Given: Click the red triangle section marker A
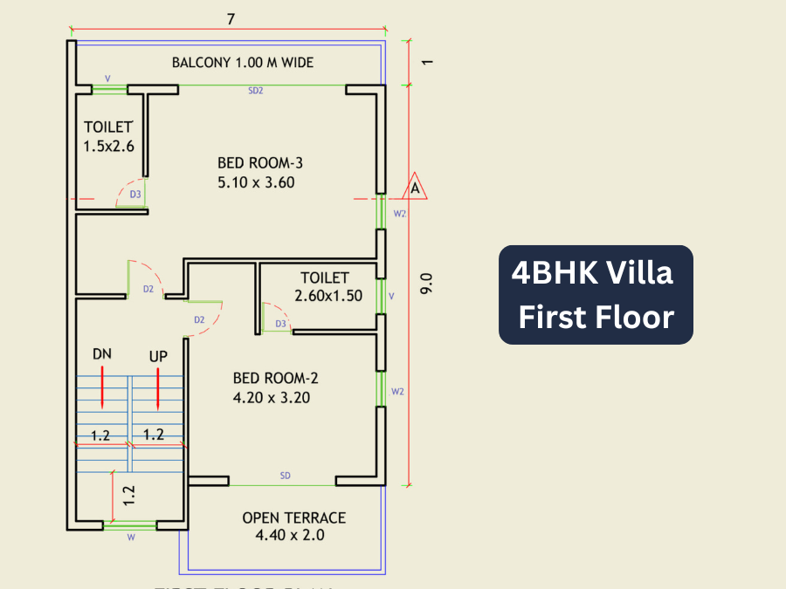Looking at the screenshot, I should tap(414, 187).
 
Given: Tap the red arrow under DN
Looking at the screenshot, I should tap(102, 387).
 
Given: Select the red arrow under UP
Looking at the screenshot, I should tap(157, 387).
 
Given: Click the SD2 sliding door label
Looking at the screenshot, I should tap(256, 91).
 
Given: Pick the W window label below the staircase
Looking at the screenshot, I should tap(131, 538).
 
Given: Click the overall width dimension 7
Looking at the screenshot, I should tap(231, 18).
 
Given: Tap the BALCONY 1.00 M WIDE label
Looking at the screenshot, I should tap(242, 63).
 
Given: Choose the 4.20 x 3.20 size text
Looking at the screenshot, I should tap(272, 398).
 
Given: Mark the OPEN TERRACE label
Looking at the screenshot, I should tap(293, 517).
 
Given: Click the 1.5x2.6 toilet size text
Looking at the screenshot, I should tap(109, 147).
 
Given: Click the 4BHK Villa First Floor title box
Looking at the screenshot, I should tap(596, 295).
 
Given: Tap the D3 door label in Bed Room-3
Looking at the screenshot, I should tap(135, 195).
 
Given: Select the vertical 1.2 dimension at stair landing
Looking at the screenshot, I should tap(129, 495).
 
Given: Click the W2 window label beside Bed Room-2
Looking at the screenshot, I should tap(397, 392).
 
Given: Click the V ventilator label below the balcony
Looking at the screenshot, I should tap(107, 78).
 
